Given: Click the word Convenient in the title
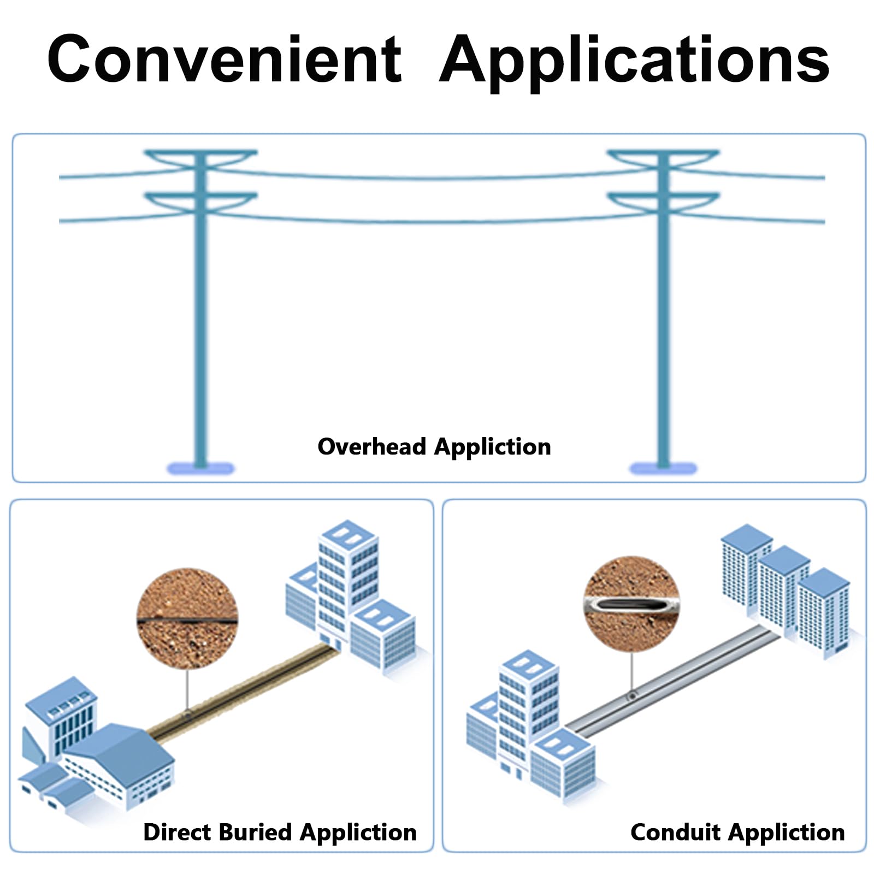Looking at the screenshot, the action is pos(225,58).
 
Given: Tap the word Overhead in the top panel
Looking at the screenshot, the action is pos(371,446).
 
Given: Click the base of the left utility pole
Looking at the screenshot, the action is pos(200,468).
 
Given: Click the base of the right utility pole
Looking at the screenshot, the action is pos(663,468).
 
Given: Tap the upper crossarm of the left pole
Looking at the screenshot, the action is pos(200,158).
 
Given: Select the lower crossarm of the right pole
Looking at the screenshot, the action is pos(663,202).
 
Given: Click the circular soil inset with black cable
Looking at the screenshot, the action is pos(187,618).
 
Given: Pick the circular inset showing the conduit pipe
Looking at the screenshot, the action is pos(631,604).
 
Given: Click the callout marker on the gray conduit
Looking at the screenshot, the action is pos(632,696).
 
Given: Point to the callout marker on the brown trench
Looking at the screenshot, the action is pos(187,714).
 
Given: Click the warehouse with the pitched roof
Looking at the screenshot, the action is pos(119,766).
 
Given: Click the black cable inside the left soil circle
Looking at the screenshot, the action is pos(187,621).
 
